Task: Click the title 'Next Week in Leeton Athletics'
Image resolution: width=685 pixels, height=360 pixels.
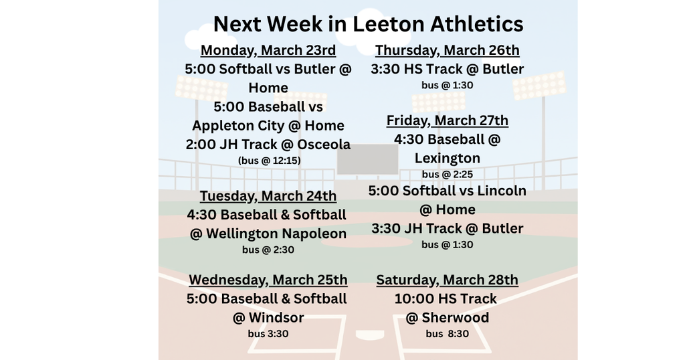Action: point(368,24)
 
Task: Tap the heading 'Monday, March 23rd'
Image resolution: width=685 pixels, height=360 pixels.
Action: point(268,50)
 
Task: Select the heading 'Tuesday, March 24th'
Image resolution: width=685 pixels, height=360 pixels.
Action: point(268,196)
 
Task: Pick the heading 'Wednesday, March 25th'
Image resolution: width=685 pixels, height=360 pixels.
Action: point(268,280)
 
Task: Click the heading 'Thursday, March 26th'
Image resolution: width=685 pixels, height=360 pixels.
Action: point(448,50)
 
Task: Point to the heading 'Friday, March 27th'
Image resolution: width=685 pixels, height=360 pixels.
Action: point(448,120)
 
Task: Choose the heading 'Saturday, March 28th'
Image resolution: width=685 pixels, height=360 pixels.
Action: point(448,280)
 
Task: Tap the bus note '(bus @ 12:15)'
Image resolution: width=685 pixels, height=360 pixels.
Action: point(269,161)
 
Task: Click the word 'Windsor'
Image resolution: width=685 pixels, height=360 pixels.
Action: point(276,317)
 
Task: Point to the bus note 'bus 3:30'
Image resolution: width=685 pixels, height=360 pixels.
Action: point(268,333)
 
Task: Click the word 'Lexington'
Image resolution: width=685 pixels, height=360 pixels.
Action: point(448,158)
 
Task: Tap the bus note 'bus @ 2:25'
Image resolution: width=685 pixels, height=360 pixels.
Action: point(448,174)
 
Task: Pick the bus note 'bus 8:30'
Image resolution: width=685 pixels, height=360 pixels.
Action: point(448,333)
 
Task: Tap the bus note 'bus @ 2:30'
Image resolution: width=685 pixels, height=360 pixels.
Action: point(268,250)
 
